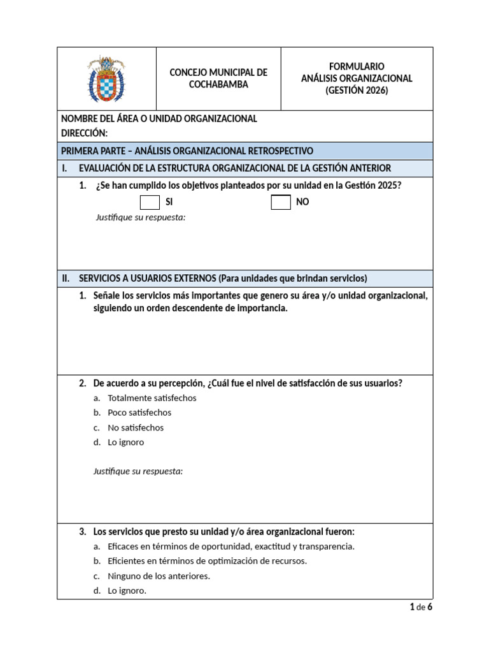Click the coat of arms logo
click(106, 79)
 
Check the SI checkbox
click(150, 202)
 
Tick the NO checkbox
click(281, 202)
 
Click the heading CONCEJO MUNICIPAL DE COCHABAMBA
click(218, 78)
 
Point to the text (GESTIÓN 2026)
click(357, 91)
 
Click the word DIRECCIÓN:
click(84, 133)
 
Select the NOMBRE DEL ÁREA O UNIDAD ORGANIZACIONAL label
click(159, 119)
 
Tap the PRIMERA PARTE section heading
click(187, 151)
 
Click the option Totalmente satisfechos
click(152, 398)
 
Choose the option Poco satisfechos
click(139, 413)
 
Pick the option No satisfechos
click(136, 428)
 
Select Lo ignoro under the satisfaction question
click(126, 443)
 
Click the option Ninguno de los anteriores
click(159, 576)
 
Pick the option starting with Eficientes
click(207, 561)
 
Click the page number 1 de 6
click(421, 607)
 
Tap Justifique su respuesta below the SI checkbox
click(140, 217)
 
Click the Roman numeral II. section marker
click(66, 279)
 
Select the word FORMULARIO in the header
click(357, 66)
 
